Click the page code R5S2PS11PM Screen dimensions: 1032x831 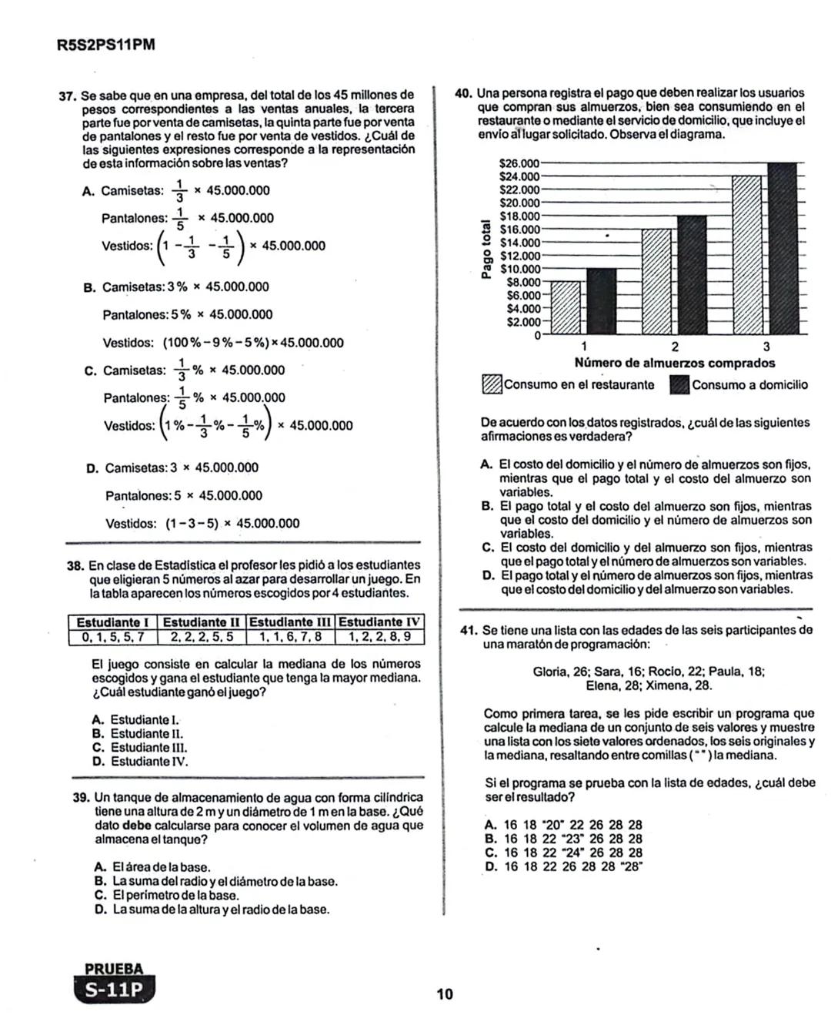coord(105,45)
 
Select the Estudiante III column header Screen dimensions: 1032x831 coord(292,622)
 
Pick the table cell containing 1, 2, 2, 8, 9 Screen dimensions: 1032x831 coord(379,637)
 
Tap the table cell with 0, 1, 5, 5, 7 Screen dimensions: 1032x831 coord(113,637)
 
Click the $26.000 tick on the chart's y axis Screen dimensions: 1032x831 coord(519,163)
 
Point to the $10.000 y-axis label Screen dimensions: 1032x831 coord(519,269)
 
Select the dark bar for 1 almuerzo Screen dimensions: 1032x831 coord(601,301)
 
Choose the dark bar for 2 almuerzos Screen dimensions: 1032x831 coord(691,275)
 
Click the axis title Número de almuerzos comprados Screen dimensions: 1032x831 coord(674,363)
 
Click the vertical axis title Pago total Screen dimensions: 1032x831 coord(486,250)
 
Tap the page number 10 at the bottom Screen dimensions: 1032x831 coord(445,994)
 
